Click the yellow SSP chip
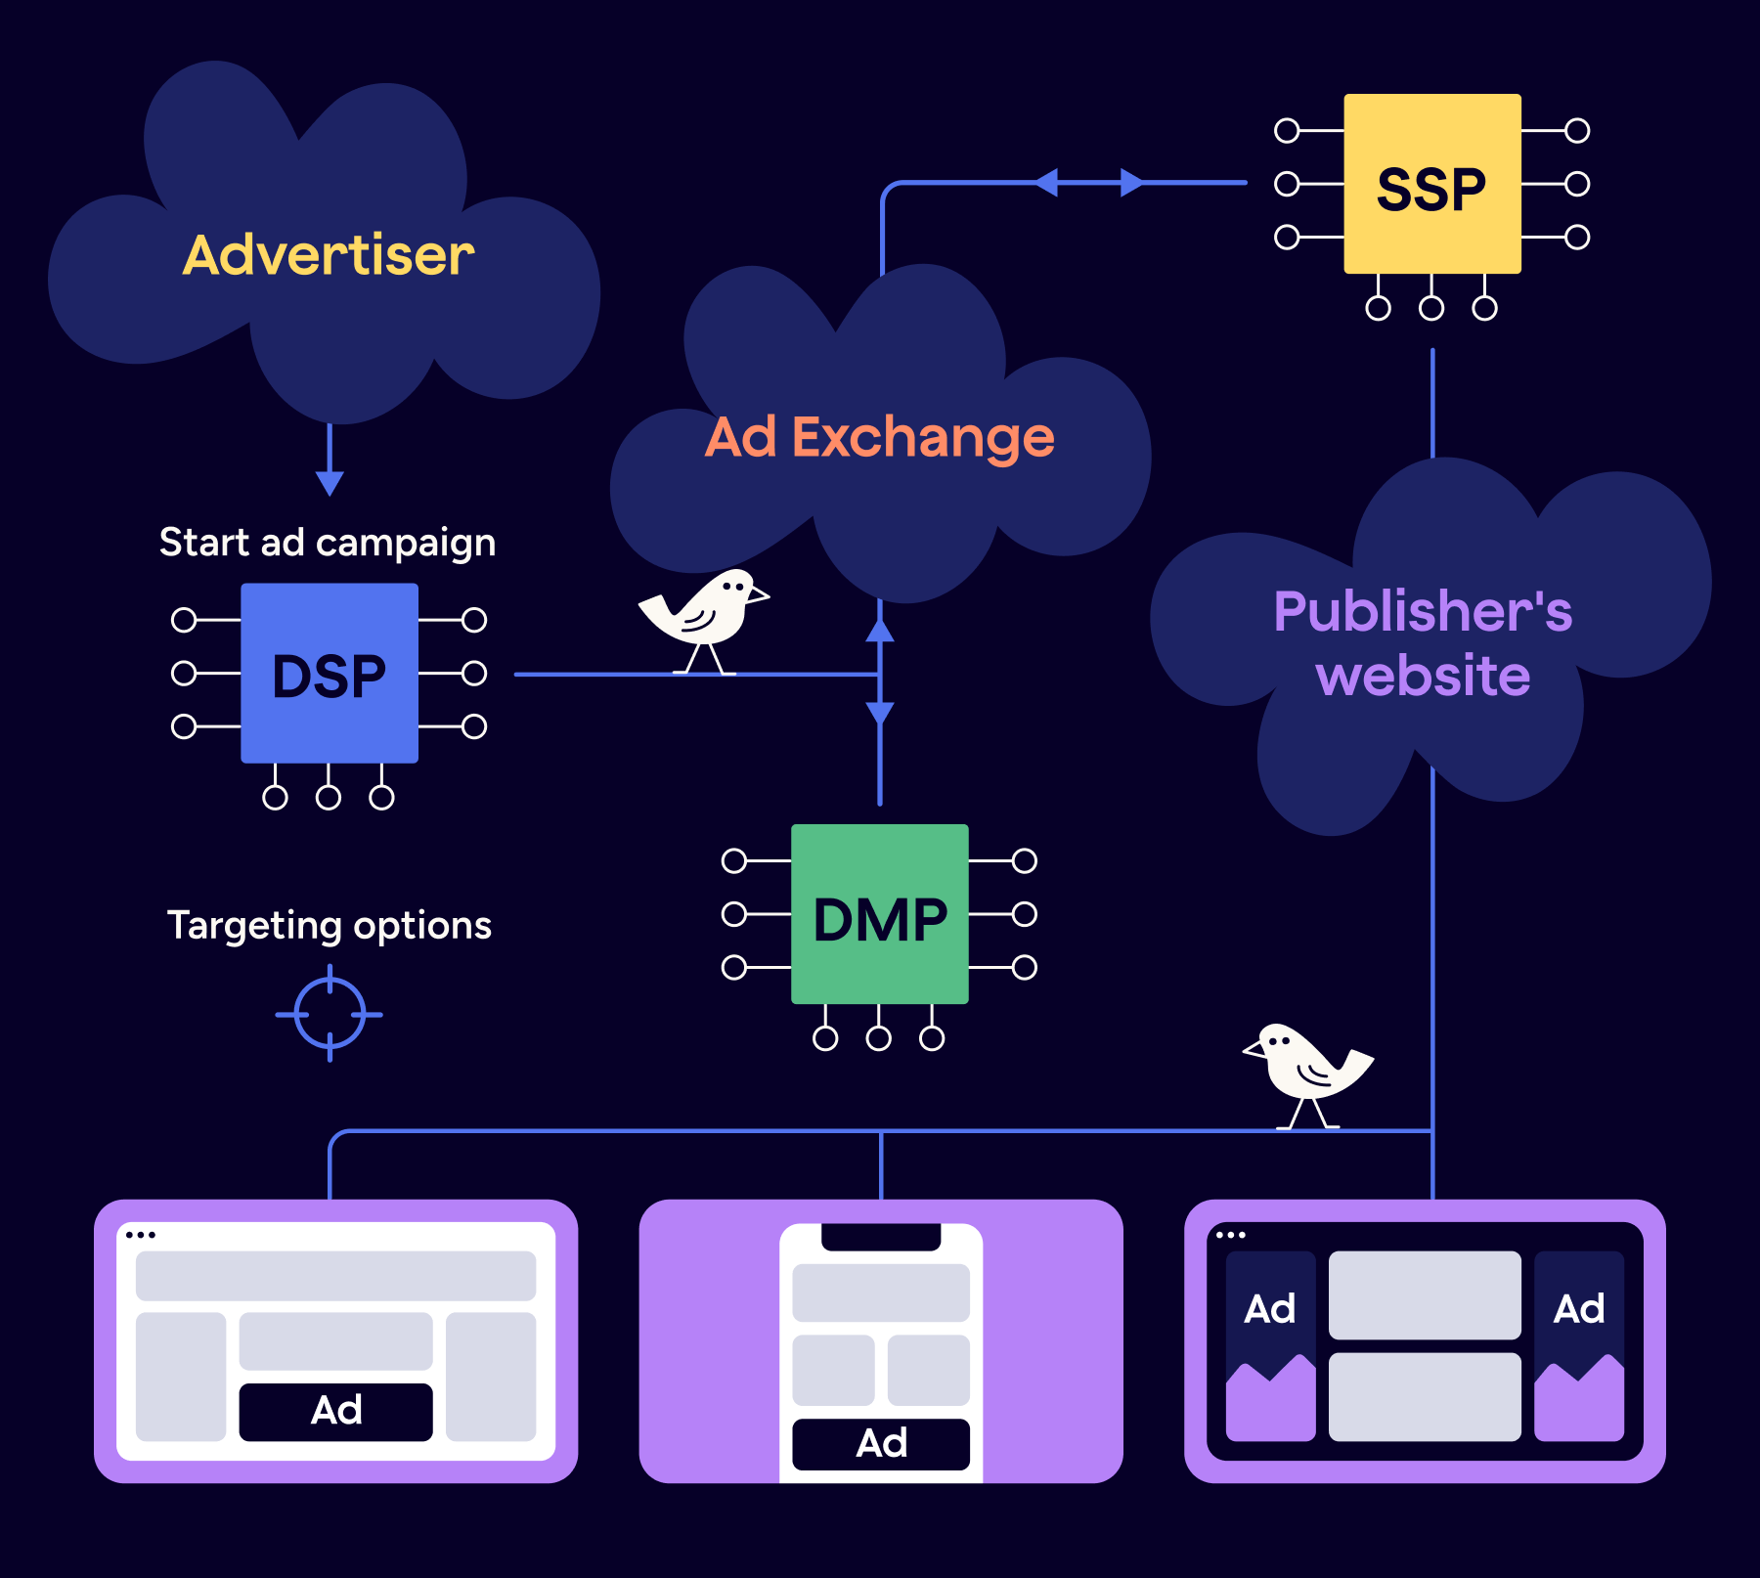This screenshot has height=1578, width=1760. coord(1431,185)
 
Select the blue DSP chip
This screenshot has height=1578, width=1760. coord(330,674)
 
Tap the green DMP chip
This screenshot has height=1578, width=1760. coord(879,915)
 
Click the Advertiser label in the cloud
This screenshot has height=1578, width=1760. coord(329,255)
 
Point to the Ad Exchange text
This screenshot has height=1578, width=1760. coord(879,437)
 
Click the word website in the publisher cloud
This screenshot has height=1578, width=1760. coord(1423,676)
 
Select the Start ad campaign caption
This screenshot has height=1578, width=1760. coord(328,543)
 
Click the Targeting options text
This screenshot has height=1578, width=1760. coord(329,925)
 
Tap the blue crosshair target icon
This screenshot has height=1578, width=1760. coord(330,1014)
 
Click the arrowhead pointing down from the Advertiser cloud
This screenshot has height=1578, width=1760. coord(330,482)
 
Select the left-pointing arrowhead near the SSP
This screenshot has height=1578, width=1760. coord(1046,183)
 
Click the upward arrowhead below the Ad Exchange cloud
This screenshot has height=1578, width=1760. coord(880,630)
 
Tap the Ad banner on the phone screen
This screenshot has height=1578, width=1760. coord(881,1443)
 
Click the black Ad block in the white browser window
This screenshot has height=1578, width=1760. coord(335,1411)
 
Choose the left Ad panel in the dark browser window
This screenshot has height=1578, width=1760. coord(1270,1345)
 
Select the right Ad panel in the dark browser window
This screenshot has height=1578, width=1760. coord(1578,1345)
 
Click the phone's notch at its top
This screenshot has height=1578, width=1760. coord(881,1236)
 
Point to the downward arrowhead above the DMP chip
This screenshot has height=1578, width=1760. coord(880,713)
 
